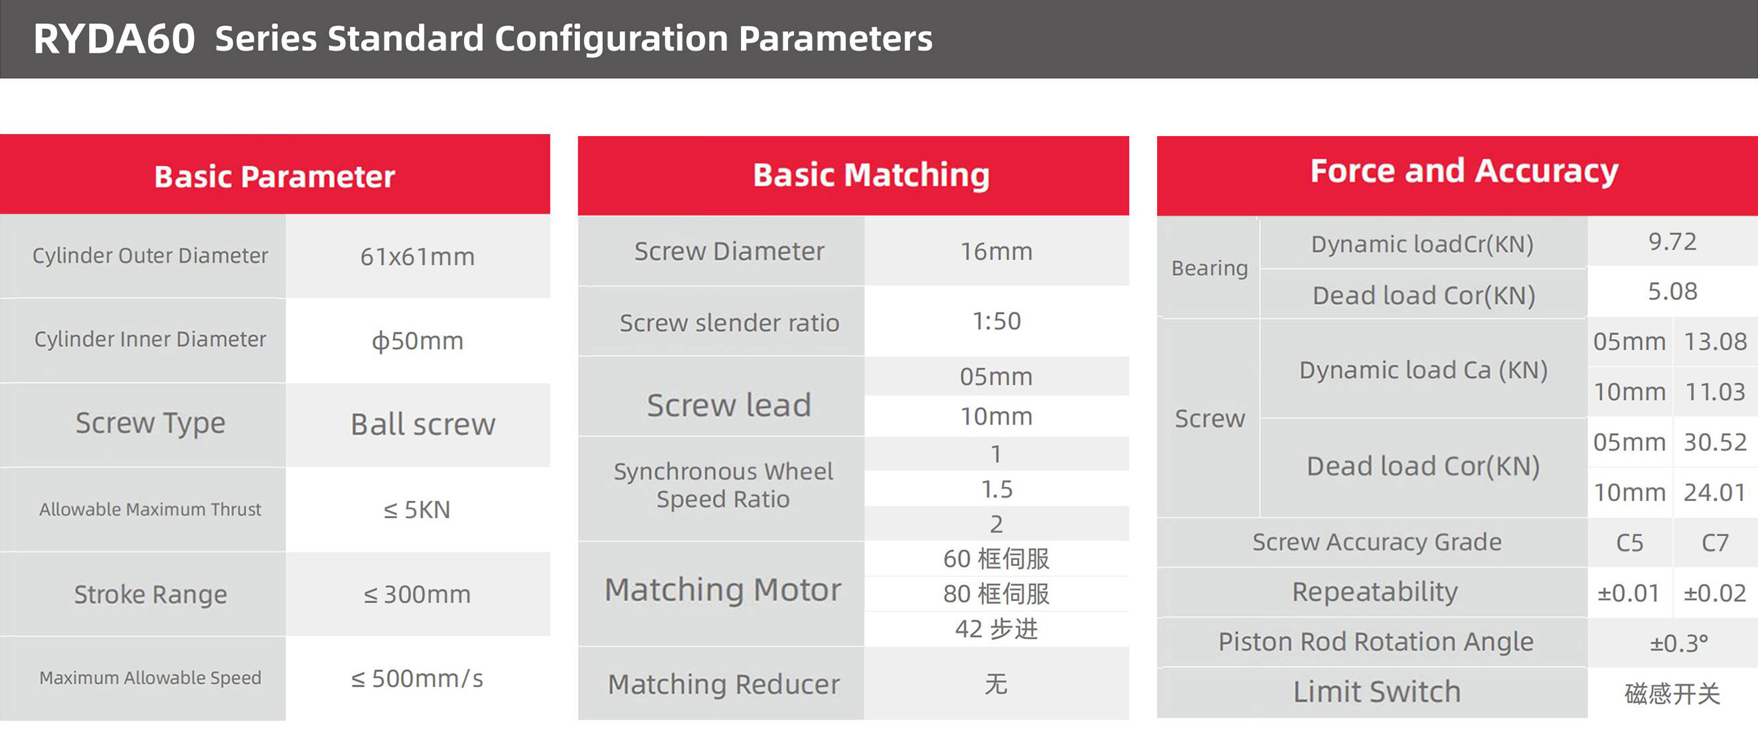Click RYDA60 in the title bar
point(115,39)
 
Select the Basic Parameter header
point(274,176)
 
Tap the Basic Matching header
point(872,175)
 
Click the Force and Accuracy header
point(1464,171)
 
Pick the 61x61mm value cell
point(418,257)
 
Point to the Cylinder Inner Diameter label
point(150,339)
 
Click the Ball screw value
point(423,424)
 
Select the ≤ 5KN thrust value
point(417,510)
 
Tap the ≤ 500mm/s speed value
point(417,679)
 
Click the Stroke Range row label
point(150,594)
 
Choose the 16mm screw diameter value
point(997,251)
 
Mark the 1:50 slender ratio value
point(997,321)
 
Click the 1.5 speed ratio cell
point(997,489)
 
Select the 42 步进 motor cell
point(997,629)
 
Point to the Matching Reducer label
point(724,684)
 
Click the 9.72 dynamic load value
point(1672,241)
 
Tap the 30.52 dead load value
point(1715,442)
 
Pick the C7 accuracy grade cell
point(1715,543)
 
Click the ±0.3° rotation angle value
point(1679,643)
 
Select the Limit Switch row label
point(1377,691)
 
